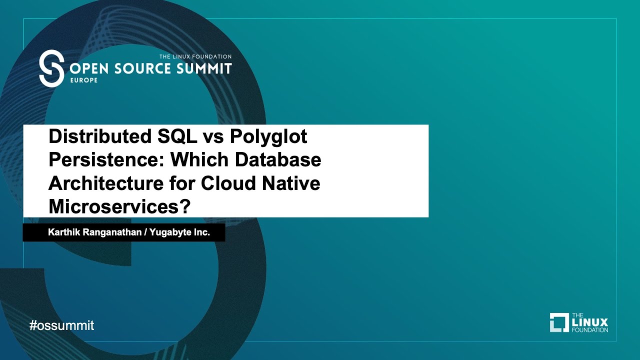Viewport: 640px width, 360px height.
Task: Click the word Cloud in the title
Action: point(228,183)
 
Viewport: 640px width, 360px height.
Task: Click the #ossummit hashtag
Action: point(62,326)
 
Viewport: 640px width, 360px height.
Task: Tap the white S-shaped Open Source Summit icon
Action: point(51,68)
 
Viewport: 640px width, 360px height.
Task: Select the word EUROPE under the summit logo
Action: point(80,80)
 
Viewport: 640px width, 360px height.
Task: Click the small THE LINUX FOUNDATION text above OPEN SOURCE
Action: point(195,56)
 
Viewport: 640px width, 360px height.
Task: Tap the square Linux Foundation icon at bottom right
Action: point(559,322)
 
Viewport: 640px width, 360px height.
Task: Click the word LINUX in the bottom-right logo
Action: point(589,322)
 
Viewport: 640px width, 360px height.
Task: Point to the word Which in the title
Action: point(199,160)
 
